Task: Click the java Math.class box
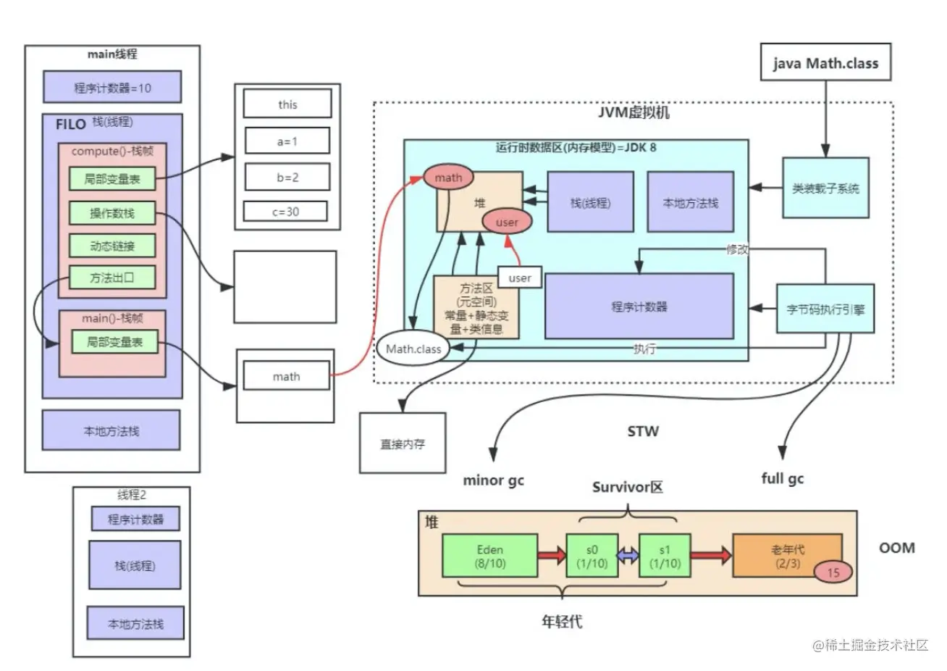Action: [825, 62]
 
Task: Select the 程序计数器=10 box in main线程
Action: [112, 87]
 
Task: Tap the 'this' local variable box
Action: [287, 104]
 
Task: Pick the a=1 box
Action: [287, 141]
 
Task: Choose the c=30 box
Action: [285, 211]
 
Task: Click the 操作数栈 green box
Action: [112, 213]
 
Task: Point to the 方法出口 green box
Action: [112, 278]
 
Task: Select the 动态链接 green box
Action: [112, 246]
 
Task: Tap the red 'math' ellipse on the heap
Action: [448, 178]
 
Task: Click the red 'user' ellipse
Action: [507, 222]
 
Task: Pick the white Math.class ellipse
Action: [413, 349]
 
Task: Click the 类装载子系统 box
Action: [825, 188]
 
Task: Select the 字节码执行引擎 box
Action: [825, 309]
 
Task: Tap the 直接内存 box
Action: [403, 443]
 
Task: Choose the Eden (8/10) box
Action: [490, 556]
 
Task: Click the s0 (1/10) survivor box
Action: [592, 556]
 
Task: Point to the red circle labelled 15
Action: [833, 572]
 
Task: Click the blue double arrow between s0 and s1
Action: [628, 555]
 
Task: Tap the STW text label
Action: [643, 431]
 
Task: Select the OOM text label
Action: [897, 548]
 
